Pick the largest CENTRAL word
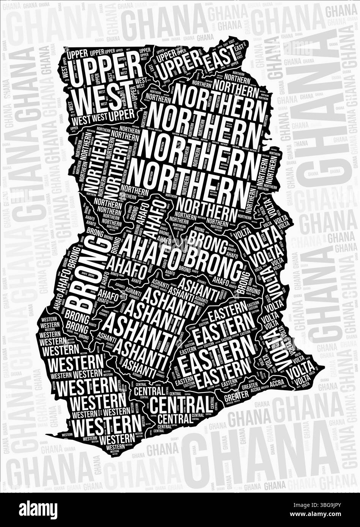179,404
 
